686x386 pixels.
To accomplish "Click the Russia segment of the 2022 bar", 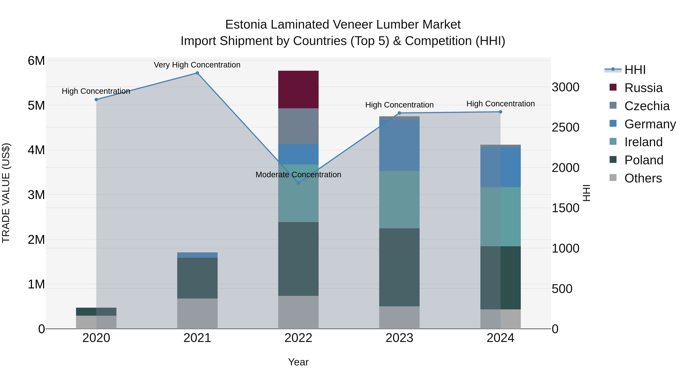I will tap(298, 90).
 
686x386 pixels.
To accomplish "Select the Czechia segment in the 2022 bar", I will tap(298, 126).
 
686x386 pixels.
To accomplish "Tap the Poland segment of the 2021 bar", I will tap(197, 278).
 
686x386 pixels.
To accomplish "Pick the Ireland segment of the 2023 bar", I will tap(399, 200).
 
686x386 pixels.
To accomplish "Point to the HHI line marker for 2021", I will tap(197, 73).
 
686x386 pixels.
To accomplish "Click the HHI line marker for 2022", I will tap(298, 183).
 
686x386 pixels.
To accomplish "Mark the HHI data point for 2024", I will tap(500, 112).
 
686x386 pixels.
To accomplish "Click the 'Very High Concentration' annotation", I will tap(197, 65).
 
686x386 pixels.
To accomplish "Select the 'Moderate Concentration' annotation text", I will tap(298, 175).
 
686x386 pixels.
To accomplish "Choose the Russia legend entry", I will tap(643, 88).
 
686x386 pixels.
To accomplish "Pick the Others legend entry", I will tap(643, 178).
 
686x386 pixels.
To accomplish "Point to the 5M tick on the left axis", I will tap(36, 105).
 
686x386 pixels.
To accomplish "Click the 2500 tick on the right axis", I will tap(565, 127).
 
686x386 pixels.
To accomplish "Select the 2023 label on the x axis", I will tap(399, 338).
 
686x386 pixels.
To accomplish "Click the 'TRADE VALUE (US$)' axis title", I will tap(6, 193).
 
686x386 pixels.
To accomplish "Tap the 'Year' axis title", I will tap(298, 362).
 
